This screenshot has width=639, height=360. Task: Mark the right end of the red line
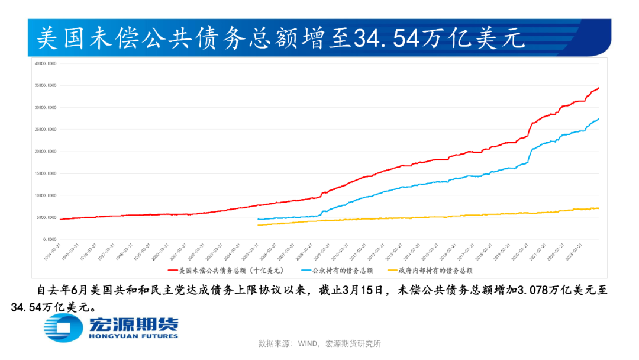599,88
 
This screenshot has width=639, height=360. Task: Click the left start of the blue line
258,219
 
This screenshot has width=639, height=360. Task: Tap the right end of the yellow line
599,208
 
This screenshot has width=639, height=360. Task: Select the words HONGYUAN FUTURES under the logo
133,336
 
